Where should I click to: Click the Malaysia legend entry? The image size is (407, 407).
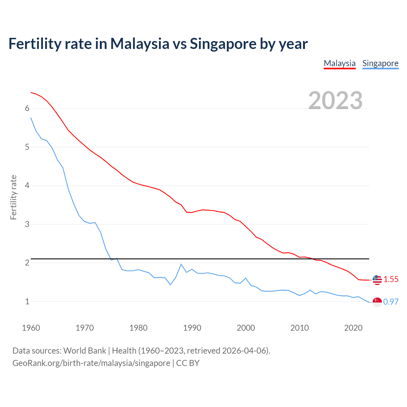340,63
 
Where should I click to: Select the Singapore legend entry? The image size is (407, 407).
380,63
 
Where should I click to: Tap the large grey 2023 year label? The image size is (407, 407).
335,100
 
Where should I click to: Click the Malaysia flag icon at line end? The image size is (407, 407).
377,280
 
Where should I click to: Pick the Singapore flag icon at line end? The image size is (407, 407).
377,302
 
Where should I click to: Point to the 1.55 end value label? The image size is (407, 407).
391,279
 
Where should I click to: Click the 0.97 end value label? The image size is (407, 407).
391,302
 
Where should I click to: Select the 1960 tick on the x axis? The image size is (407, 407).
31,328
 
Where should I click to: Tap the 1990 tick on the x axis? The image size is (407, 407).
192,328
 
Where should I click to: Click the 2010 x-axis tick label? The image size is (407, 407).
300,328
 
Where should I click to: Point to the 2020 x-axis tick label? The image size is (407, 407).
353,328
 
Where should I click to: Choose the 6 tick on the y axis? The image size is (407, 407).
27,108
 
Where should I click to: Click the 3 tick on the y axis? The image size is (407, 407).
27,224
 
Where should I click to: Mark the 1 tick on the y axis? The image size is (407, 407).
27,301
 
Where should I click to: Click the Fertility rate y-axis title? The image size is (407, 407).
13,197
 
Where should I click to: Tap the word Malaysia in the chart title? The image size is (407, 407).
140,44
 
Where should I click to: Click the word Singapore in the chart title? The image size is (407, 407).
223,44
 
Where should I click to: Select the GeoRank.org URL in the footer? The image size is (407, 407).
91,363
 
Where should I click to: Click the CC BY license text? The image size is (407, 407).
188,363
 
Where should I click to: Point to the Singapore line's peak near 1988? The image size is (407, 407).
181,264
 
